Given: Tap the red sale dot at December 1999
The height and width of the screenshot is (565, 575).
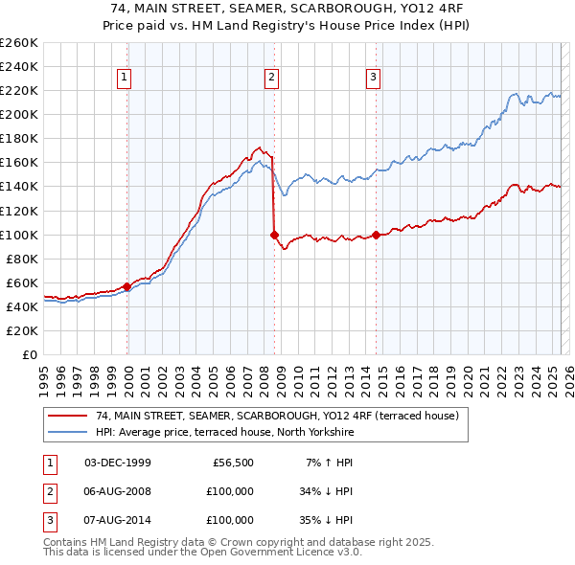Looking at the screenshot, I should coord(127,286).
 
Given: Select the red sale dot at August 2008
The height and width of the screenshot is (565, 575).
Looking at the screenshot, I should coord(274,234).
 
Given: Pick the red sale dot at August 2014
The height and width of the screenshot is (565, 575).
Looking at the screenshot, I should coord(376,234).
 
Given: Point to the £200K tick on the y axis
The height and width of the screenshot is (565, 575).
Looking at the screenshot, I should coord(18,114).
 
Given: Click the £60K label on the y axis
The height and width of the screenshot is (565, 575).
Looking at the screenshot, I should coord(21,282).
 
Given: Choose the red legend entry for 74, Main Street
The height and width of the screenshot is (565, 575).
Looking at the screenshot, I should coord(278,416).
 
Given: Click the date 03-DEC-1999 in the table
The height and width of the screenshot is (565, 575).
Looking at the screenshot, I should coord(118,463).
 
